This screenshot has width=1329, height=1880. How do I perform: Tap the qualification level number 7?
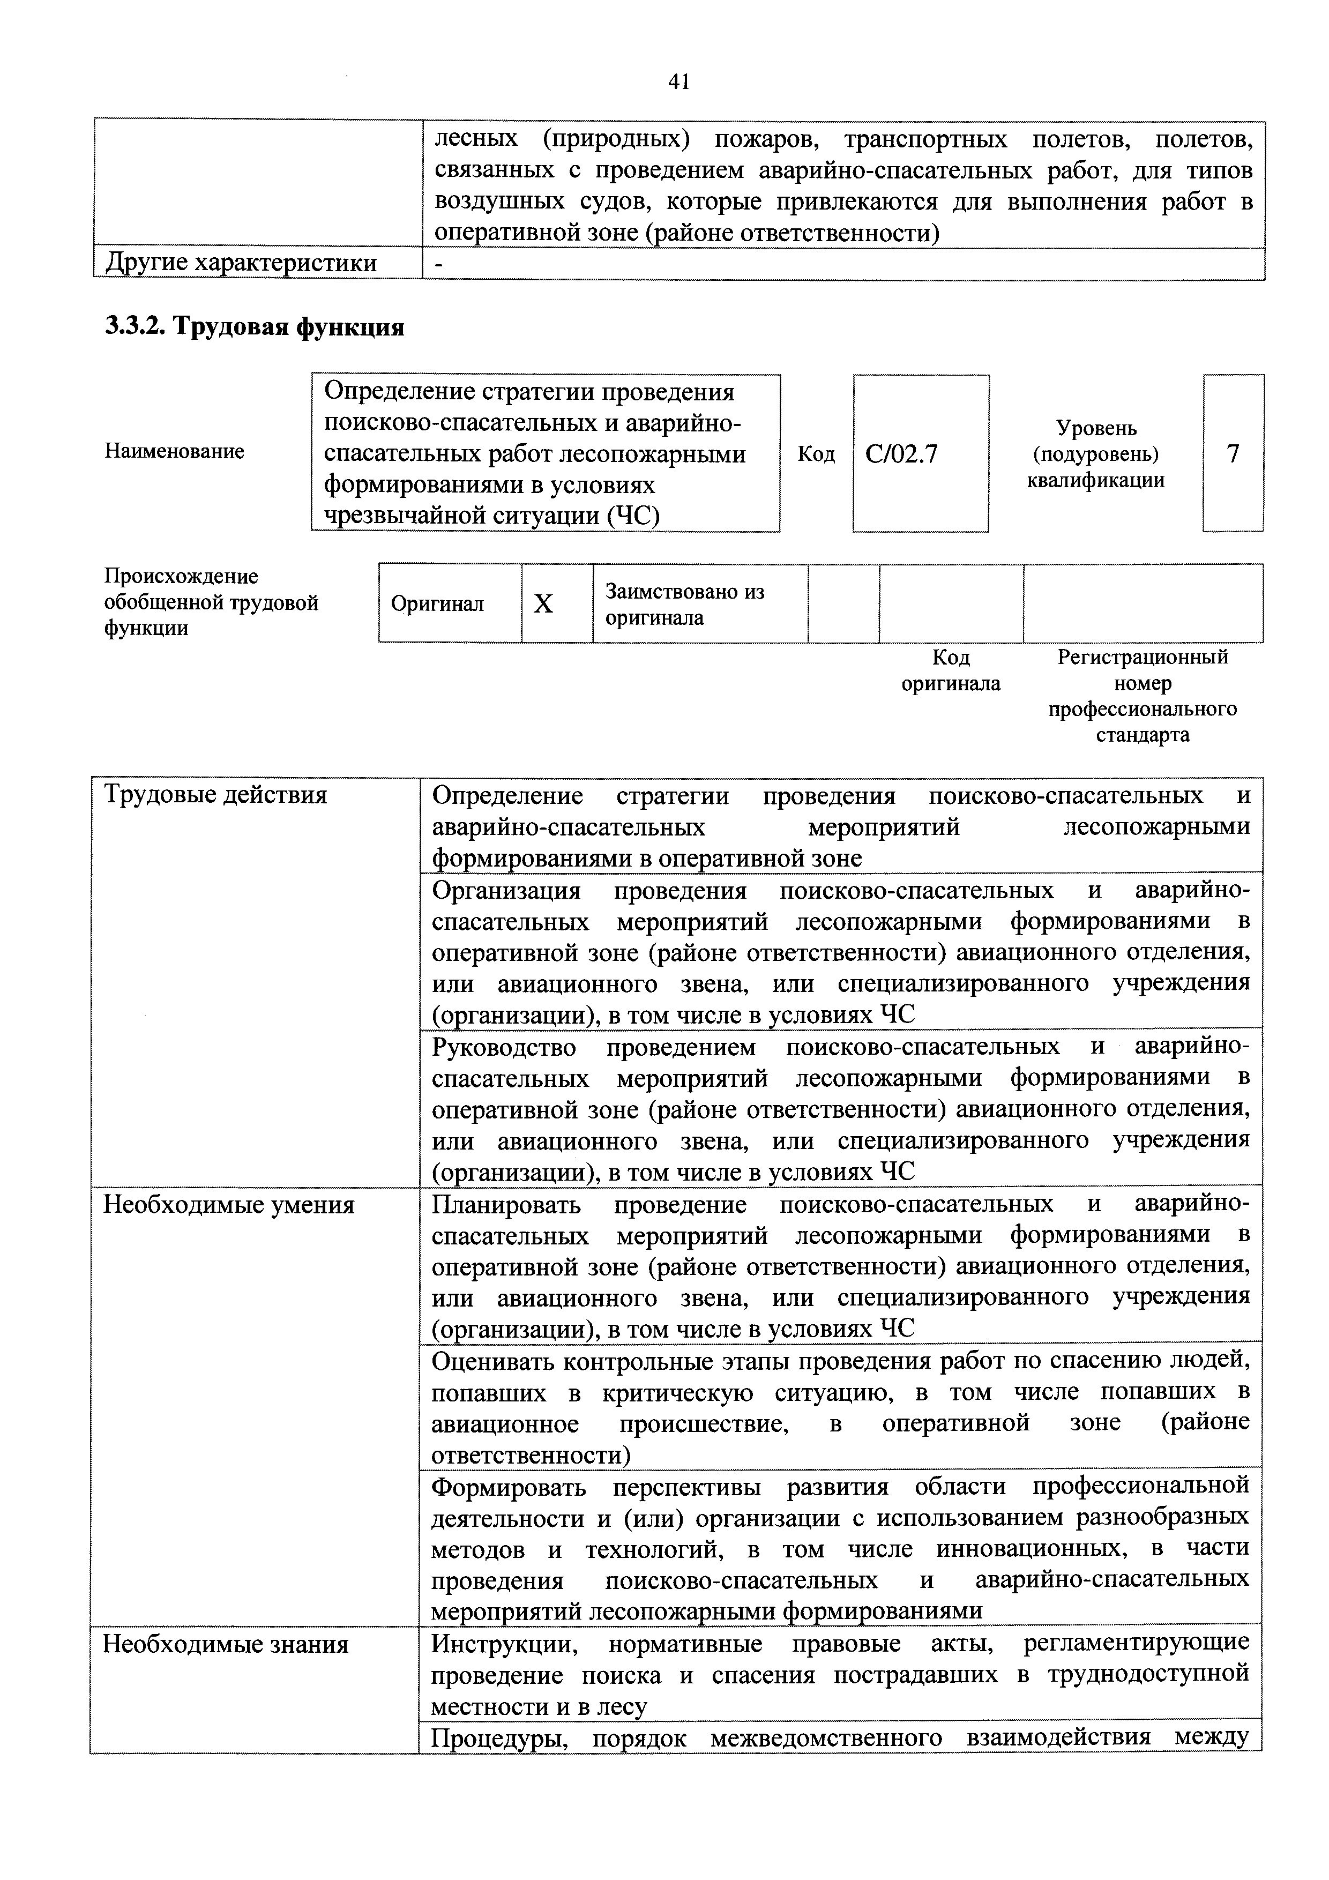1233,453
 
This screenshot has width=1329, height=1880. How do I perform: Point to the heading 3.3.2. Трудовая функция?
255,327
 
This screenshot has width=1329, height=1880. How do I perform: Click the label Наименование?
174,451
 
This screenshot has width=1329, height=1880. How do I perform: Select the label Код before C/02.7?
816,453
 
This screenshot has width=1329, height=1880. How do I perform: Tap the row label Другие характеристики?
242,263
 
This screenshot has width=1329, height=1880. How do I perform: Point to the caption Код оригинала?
951,670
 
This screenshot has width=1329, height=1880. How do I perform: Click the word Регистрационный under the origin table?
1143,656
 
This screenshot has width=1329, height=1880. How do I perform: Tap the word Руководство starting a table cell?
504,1047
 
